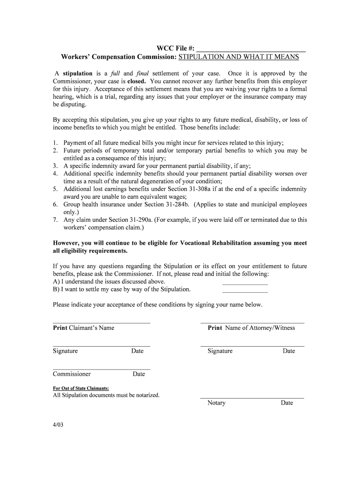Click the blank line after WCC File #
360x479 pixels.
[x=251, y=48]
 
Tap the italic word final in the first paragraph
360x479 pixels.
[x=142, y=73]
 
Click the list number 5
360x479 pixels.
[x=55, y=189]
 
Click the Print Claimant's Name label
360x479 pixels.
[x=83, y=328]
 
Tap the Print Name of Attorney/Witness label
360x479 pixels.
[x=251, y=328]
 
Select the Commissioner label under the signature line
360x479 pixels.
[x=72, y=374]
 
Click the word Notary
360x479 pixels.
[x=216, y=403]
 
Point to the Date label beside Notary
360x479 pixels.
[x=287, y=403]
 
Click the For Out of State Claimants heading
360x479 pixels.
[x=81, y=388]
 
